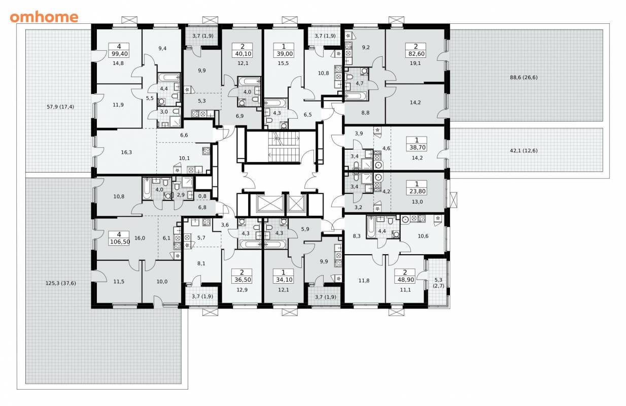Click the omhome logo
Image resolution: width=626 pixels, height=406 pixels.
click(44, 17)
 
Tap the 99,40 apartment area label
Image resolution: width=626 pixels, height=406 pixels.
click(119, 54)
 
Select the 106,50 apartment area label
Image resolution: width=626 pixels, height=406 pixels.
click(120, 242)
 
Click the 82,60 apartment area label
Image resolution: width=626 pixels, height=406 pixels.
click(416, 54)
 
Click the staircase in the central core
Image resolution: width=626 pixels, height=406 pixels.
click(284, 146)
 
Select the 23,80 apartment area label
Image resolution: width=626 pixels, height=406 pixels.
click(417, 191)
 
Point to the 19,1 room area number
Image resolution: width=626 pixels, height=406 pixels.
click(415, 63)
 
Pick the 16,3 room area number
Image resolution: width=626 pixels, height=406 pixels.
click(126, 152)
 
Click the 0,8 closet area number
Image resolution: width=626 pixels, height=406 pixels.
click(202, 196)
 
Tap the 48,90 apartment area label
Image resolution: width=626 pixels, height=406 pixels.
click(405, 279)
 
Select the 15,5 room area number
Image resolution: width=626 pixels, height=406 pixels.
click(283, 63)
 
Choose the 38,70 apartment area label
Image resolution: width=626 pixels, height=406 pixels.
click(417, 147)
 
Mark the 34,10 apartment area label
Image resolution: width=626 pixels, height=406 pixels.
click(284, 279)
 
